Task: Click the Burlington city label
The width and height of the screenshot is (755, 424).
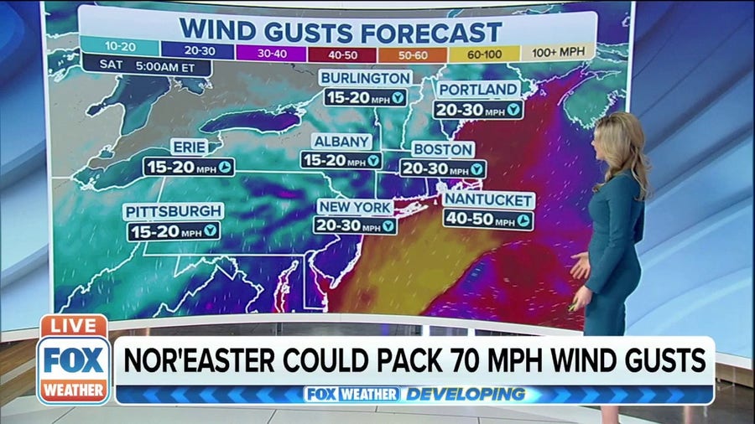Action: click(365, 79)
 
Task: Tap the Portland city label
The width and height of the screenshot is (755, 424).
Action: click(478, 90)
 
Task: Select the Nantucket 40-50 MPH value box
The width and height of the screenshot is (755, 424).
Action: click(489, 220)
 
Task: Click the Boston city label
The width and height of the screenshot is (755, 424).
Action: click(443, 149)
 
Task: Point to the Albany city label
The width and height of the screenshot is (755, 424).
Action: click(341, 141)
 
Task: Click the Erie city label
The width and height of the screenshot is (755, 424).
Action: click(189, 147)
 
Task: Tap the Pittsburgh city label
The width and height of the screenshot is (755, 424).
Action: click(174, 211)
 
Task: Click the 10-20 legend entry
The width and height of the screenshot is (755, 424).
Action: click(121, 49)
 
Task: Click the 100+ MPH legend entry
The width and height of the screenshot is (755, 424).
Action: click(558, 53)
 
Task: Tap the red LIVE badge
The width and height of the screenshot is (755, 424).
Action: click(73, 325)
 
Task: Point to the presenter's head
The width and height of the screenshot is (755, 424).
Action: click(619, 142)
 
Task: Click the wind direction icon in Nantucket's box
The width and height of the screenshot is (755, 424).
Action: click(523, 221)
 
